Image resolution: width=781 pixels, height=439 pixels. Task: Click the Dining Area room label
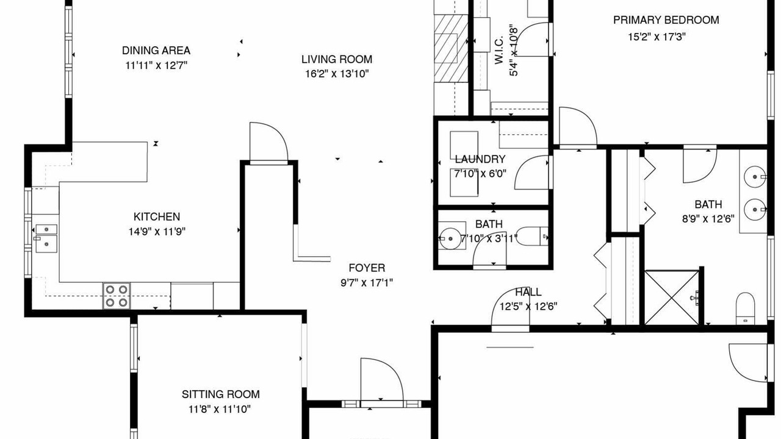coord(156,51)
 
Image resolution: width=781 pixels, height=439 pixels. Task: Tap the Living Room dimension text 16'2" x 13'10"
coord(337,74)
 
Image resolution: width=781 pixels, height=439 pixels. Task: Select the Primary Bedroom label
coord(666,20)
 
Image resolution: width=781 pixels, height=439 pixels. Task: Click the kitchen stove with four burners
coord(117,296)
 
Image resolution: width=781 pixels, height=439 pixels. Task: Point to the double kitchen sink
coord(46,238)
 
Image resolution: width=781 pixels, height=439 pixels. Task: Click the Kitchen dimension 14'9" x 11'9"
coord(157,232)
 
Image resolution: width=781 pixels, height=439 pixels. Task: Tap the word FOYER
coord(367,268)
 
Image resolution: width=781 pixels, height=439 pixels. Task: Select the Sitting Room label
coord(221,394)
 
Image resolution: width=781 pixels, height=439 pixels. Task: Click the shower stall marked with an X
coord(672,298)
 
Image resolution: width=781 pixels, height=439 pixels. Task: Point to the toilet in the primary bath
coord(746,309)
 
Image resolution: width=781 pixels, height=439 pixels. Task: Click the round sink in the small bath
coord(450,238)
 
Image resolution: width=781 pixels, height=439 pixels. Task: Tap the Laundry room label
coord(480,160)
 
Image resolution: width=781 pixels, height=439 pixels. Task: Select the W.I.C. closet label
coord(499,49)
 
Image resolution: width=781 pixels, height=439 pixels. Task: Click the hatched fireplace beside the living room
coord(451,48)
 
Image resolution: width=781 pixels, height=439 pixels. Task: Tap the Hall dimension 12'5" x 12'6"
coord(528,307)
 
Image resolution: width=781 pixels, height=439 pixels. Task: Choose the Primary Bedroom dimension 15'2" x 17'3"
coord(657,37)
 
